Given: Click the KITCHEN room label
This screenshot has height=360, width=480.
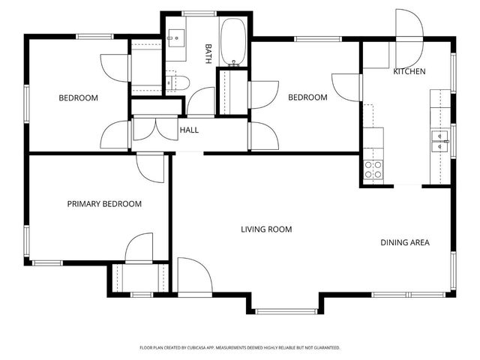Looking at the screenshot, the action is click(409, 71).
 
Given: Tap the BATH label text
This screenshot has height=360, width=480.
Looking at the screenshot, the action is click(208, 53).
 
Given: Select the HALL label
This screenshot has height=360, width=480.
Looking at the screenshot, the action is click(189, 130).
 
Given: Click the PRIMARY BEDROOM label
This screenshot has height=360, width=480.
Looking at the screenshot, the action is click(104, 204).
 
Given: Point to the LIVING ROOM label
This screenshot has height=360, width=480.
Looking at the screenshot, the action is click(266, 229).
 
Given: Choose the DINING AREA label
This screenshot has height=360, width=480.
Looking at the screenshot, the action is click(405, 242).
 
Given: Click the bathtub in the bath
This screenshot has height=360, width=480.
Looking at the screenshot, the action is click(233, 42).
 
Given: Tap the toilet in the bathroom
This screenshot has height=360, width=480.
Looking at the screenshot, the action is click(178, 82).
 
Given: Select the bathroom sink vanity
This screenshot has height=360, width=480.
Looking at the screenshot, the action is click(176, 38).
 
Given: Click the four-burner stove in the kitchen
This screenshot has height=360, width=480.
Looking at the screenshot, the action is click(373, 170).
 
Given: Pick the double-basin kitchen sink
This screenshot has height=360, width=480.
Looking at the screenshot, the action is click(440, 142).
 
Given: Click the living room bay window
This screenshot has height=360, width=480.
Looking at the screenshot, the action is click(286, 311).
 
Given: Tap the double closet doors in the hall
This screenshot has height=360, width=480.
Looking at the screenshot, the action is click(156, 129).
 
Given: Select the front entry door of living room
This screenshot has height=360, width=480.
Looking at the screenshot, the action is click(195, 274).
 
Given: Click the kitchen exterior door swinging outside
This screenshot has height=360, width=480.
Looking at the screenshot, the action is click(409, 25).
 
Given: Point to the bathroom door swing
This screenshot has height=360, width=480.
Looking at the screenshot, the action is click(201, 101).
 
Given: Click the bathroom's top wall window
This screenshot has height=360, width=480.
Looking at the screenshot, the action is click(199, 13).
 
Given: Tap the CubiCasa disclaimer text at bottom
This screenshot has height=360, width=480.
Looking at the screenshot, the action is click(240, 348).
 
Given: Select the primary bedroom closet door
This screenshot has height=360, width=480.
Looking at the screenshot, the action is click(139, 247).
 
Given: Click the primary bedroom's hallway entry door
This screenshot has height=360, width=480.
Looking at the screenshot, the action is click(150, 169).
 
